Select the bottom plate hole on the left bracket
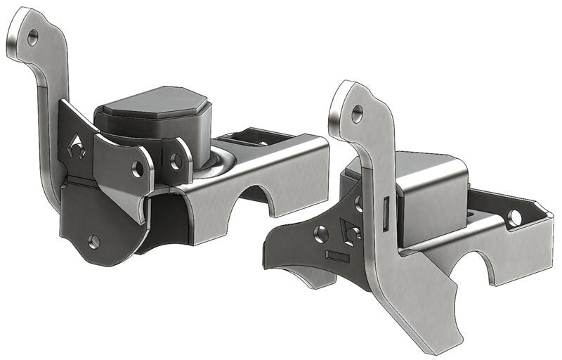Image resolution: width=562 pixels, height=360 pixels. (x=94, y=241)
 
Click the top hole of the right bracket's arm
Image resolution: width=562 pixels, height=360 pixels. (x=357, y=111)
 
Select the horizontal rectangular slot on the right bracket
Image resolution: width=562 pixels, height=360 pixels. (x=337, y=257)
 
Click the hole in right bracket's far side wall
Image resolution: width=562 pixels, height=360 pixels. (x=515, y=217)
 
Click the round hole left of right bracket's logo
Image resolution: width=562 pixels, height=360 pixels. (x=322, y=233)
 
